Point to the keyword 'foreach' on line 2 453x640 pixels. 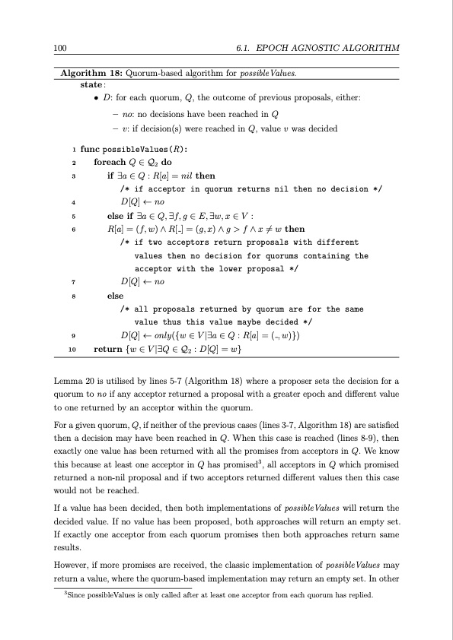click(x=109, y=162)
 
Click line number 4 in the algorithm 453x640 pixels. click(x=72, y=202)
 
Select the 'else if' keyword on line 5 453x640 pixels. click(x=124, y=216)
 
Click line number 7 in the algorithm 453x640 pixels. click(x=72, y=282)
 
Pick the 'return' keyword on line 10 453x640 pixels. click(x=107, y=349)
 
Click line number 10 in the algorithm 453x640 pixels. click(x=72, y=349)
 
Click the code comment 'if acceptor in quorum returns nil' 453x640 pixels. click(x=251, y=189)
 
